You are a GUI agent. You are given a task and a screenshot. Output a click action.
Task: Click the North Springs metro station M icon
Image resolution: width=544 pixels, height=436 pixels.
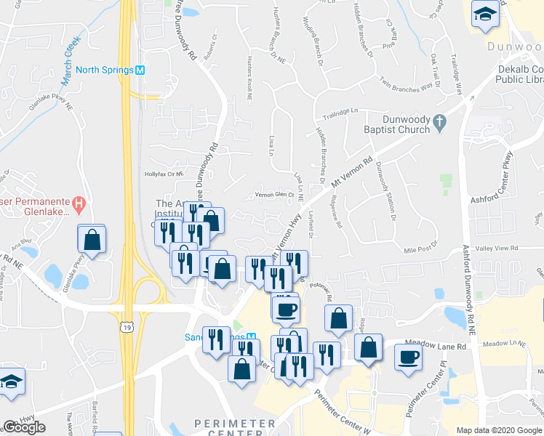(140, 70)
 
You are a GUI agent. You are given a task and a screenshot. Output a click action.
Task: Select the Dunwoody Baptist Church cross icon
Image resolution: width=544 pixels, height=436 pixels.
(439, 123)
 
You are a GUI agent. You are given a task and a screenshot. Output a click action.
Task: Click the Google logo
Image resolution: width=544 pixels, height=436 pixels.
(24, 427)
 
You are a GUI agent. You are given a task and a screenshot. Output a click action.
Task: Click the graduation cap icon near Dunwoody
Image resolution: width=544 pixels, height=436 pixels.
(483, 14)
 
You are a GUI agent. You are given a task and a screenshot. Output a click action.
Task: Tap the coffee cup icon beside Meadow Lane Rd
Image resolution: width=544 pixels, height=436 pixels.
(408, 356)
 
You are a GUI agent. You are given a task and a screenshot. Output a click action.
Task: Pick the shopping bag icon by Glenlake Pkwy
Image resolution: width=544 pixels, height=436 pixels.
(92, 238)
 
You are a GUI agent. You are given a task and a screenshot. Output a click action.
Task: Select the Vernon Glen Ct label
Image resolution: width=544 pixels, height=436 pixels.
(273, 195)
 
